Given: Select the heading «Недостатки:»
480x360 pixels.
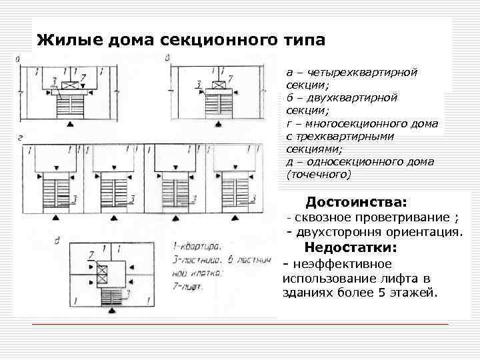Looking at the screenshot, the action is tap(350, 248).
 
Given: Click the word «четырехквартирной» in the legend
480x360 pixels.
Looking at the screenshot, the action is tap(361, 71).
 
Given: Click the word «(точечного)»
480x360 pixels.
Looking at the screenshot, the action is tap(318, 175).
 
